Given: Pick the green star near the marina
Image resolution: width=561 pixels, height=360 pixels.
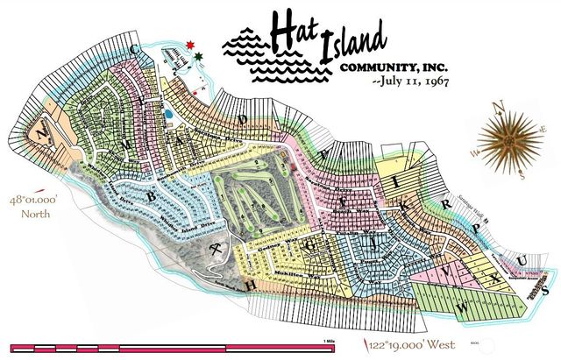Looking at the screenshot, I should click(200, 56).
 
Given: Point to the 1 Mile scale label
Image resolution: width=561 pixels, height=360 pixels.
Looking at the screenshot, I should click(330, 335).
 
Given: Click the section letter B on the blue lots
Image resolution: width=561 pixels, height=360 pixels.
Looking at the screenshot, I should click(151, 197).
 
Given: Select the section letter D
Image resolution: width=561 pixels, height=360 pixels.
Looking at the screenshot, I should click(246, 117).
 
